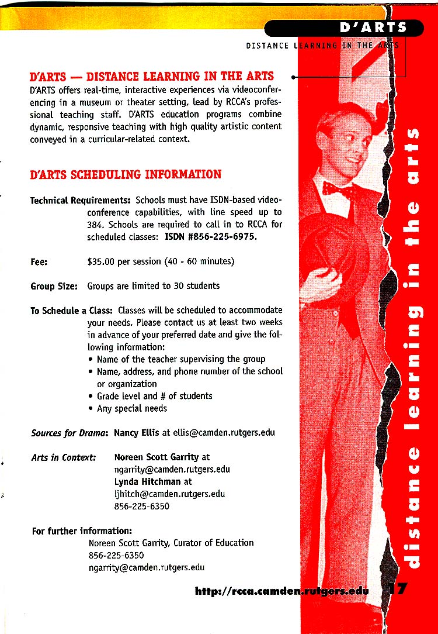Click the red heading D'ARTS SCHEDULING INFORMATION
[x=126, y=174]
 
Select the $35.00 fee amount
[x=100, y=261]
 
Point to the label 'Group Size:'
[x=54, y=286]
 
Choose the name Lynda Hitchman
[x=147, y=481]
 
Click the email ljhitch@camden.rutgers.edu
[x=169, y=494]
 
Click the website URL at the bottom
[x=282, y=591]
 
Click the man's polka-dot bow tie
[x=338, y=188]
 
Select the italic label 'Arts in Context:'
[x=63, y=457]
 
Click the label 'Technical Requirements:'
[x=80, y=201]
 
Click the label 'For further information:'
[x=81, y=531]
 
